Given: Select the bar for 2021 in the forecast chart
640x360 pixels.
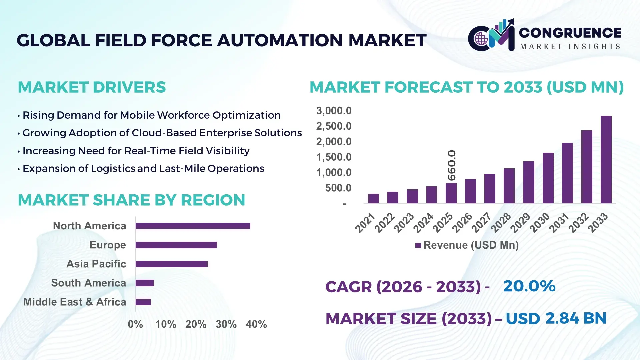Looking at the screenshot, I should pyautogui.click(x=373, y=198).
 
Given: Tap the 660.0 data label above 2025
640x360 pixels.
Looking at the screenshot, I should pyautogui.click(x=452, y=165).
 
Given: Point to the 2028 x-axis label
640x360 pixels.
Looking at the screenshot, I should pyautogui.click(x=501, y=222).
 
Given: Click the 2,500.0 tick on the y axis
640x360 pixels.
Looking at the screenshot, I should pyautogui.click(x=334, y=126).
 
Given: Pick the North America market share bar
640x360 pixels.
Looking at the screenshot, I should pyautogui.click(x=193, y=226).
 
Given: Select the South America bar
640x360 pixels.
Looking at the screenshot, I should pyautogui.click(x=144, y=283).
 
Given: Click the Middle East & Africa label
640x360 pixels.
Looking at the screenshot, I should pyautogui.click(x=75, y=302).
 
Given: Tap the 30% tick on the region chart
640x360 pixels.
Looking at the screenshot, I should pyautogui.click(x=226, y=324).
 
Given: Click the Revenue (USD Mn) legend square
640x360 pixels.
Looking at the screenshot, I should pyautogui.click(x=418, y=245).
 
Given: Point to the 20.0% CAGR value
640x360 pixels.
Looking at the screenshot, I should pyautogui.click(x=529, y=286).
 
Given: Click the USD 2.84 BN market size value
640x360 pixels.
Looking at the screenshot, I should pyautogui.click(x=556, y=318).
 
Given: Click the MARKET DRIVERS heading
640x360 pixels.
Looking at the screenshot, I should pyautogui.click(x=92, y=87).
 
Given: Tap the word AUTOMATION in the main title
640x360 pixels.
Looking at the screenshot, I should pyautogui.click(x=280, y=40).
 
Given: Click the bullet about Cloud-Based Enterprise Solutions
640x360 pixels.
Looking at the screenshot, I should pyautogui.click(x=162, y=133).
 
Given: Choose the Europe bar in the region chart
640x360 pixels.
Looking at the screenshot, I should pyautogui.click(x=176, y=245).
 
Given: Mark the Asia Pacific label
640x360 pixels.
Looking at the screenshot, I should pyautogui.click(x=96, y=264).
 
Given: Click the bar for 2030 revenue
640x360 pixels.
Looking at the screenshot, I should pyautogui.click(x=548, y=178).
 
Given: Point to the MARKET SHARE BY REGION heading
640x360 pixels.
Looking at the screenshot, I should pyautogui.click(x=131, y=200).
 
